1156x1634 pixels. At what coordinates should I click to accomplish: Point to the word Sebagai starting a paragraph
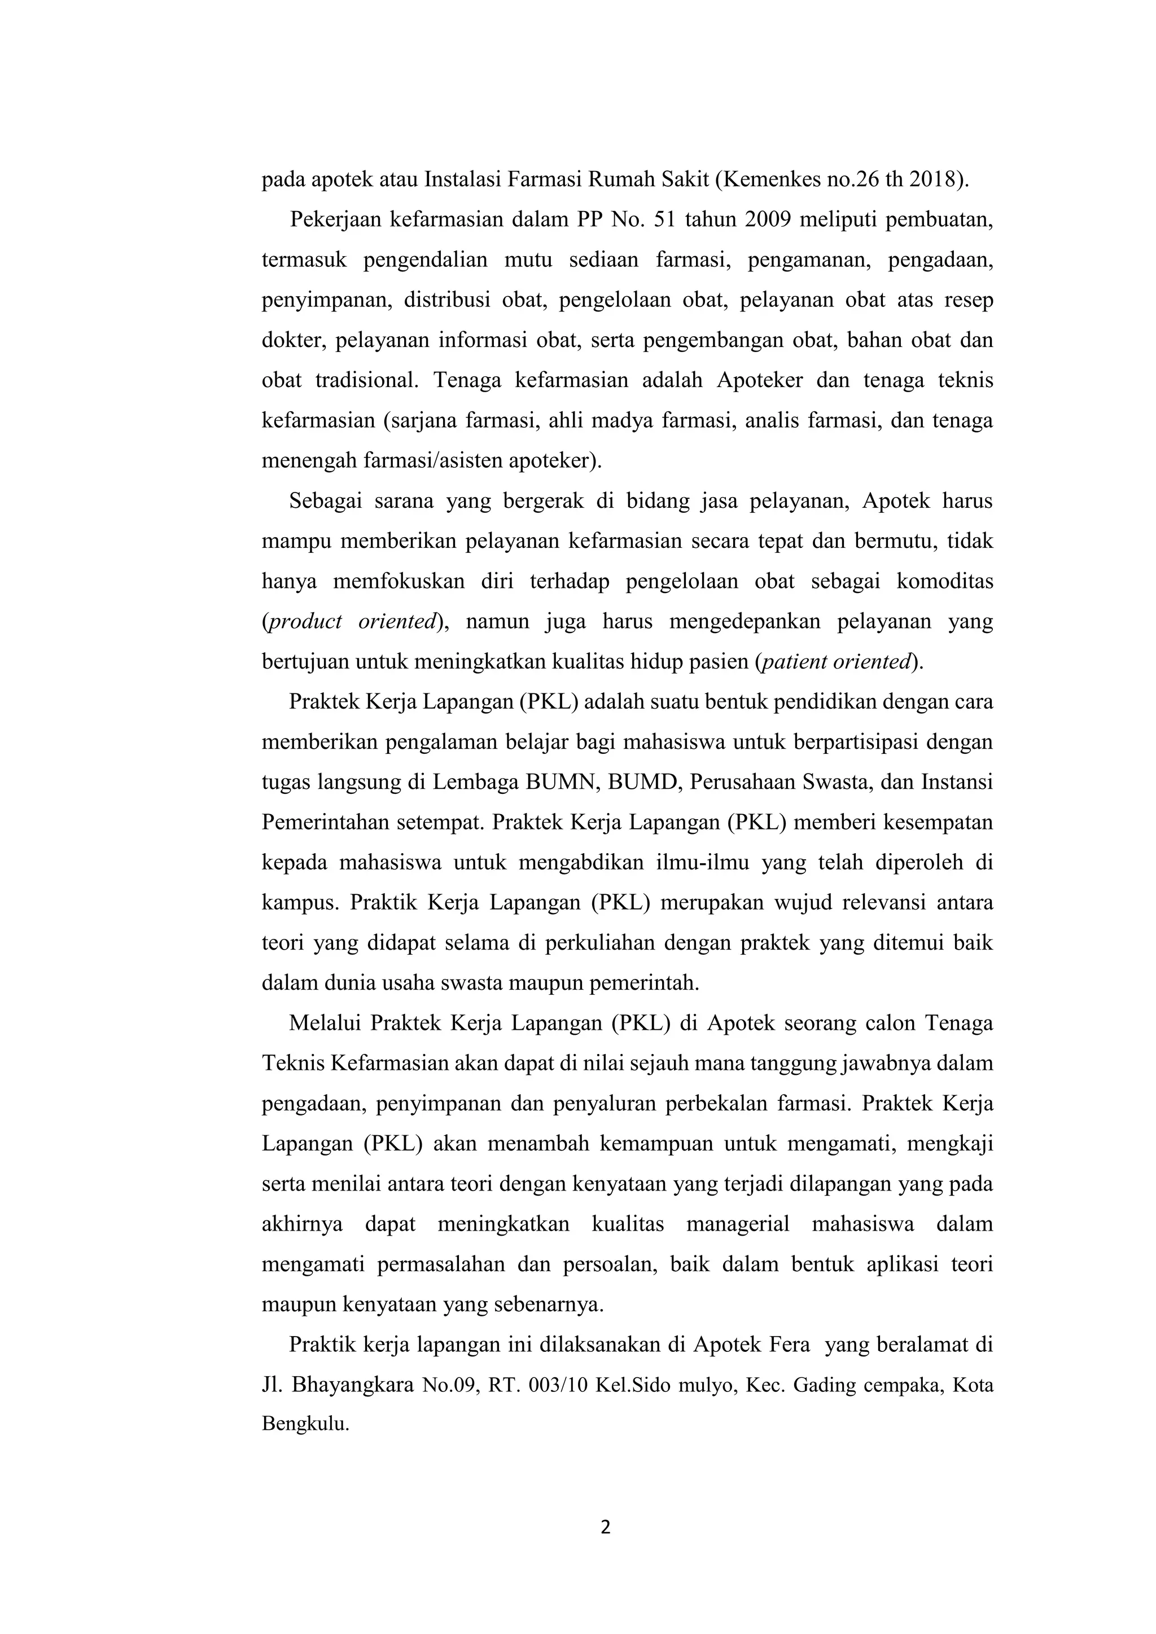325,501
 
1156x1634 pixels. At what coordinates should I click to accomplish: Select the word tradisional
366,380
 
